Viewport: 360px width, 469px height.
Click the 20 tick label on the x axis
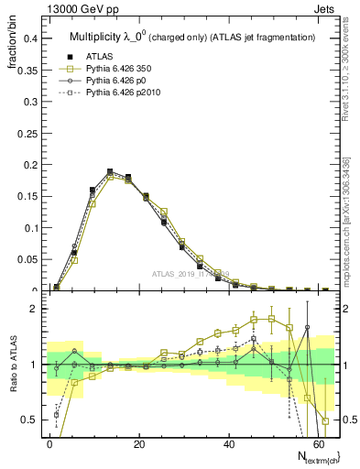138,442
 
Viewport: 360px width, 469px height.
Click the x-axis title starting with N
312,456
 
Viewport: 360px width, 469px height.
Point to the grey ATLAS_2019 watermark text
191,274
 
